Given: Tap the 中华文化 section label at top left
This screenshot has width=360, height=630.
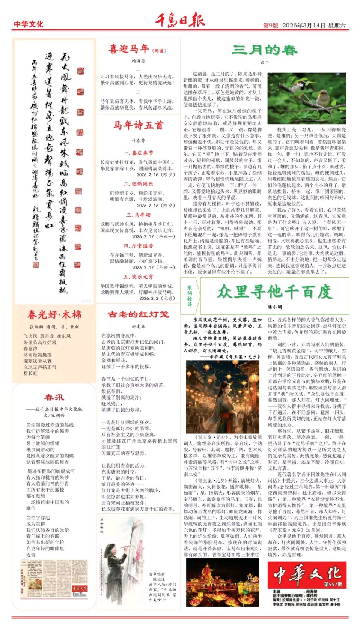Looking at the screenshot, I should (29, 24).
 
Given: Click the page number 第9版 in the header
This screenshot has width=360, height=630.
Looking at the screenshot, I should (271, 25).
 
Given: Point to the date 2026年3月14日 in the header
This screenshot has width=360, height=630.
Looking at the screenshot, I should (303, 25).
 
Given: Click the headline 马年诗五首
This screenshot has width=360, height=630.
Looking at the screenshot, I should (138, 125).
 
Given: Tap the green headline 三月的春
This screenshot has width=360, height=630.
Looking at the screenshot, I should (264, 50).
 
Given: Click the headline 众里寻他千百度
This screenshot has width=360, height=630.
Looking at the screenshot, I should (274, 292).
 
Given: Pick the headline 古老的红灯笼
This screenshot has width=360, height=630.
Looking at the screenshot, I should (138, 314).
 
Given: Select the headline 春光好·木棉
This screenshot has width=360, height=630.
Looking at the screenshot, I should (54, 314).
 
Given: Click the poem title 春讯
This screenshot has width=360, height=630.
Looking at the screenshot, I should (54, 397).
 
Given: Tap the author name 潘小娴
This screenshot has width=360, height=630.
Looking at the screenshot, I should (275, 307).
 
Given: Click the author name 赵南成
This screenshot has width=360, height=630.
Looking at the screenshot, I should (138, 326).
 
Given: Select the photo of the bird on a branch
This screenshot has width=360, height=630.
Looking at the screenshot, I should (307, 98).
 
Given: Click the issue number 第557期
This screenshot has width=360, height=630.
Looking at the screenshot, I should (333, 584).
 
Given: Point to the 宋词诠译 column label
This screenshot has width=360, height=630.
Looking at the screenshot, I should (190, 296).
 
